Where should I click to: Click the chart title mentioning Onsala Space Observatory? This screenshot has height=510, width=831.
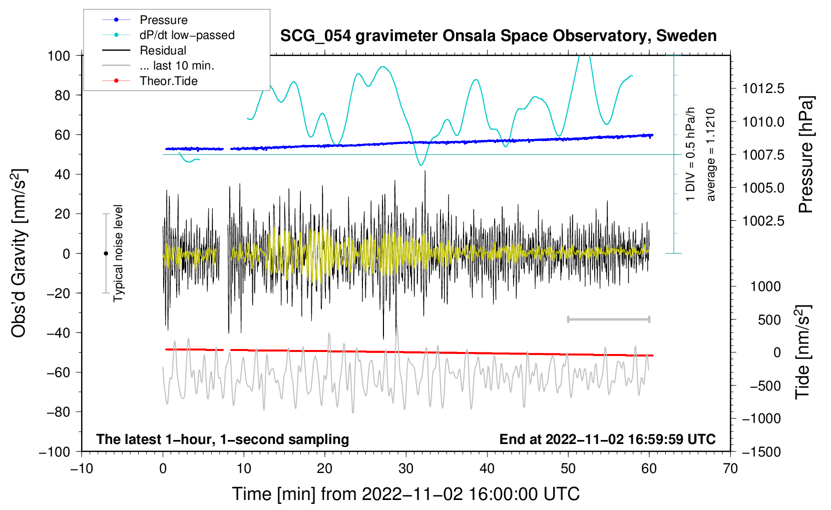498,36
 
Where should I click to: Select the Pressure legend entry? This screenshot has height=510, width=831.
163,20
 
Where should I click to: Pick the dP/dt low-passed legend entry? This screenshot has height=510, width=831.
187,35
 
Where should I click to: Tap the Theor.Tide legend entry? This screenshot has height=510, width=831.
168,81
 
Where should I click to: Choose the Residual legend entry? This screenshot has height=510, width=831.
163,50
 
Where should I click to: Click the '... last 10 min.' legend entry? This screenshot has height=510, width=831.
177,65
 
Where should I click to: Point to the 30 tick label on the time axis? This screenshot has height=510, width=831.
406,468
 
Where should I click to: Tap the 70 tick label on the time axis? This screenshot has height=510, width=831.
730,468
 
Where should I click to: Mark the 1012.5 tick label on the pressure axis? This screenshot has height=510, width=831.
763,88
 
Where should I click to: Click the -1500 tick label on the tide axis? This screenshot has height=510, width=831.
761,451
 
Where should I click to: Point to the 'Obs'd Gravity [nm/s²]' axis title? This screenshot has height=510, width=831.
19,253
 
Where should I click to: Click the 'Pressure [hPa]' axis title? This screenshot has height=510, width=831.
806,155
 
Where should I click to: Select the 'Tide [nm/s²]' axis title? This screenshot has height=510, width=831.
803,352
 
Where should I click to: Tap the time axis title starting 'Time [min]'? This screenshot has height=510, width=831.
406,494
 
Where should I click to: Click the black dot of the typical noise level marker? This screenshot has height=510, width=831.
106,253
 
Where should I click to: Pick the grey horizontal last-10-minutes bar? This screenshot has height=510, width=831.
608,319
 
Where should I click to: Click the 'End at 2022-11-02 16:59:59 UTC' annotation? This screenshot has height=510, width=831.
607,439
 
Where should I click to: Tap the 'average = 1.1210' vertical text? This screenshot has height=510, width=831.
710,155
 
